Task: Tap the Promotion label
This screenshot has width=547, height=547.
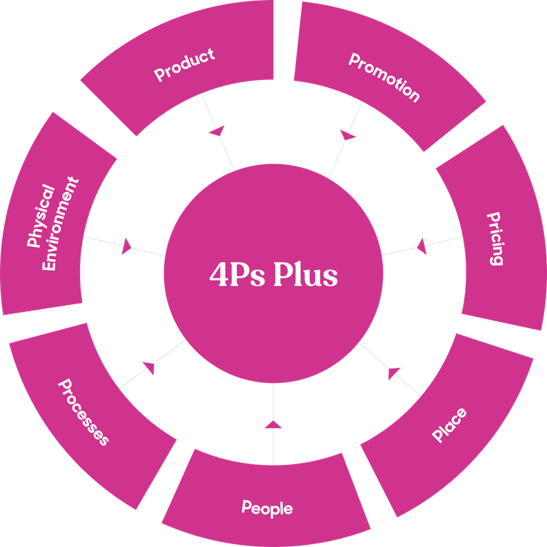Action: click(x=384, y=77)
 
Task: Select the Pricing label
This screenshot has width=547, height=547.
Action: click(x=495, y=239)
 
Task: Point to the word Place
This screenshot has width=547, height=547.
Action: click(x=450, y=425)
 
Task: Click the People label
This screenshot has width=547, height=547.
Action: click(x=267, y=507)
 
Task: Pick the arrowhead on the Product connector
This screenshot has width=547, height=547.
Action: click(x=217, y=130)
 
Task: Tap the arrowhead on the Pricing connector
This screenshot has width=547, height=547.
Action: click(x=421, y=244)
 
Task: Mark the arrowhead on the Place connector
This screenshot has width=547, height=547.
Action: click(x=392, y=373)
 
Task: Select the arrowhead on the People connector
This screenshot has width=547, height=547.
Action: click(x=273, y=426)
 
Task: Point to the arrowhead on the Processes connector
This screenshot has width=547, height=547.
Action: click(x=148, y=367)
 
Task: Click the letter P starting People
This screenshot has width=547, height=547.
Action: click(x=246, y=507)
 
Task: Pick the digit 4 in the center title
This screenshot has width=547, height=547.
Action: click(x=218, y=275)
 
